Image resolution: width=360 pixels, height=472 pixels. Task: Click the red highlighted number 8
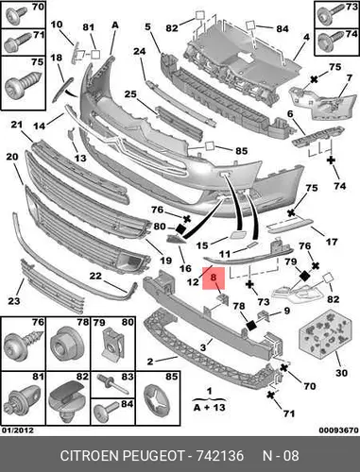point(214,278)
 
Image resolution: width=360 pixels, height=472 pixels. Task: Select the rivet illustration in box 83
point(112,383)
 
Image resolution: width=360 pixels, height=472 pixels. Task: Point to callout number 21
point(17,125)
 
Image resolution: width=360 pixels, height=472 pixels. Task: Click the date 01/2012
point(18,430)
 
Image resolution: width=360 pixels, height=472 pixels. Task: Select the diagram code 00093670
point(338,430)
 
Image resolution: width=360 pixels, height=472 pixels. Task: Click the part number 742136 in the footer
point(220,456)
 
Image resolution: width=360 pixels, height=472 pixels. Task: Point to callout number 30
point(341,373)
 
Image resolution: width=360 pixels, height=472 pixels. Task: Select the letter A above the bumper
point(115,25)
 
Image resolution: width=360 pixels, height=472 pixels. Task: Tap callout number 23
point(13,301)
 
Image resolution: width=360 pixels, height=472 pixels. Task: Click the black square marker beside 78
point(251,325)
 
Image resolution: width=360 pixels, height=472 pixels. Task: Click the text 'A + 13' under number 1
point(210,408)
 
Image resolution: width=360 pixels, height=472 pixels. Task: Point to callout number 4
point(306,37)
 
